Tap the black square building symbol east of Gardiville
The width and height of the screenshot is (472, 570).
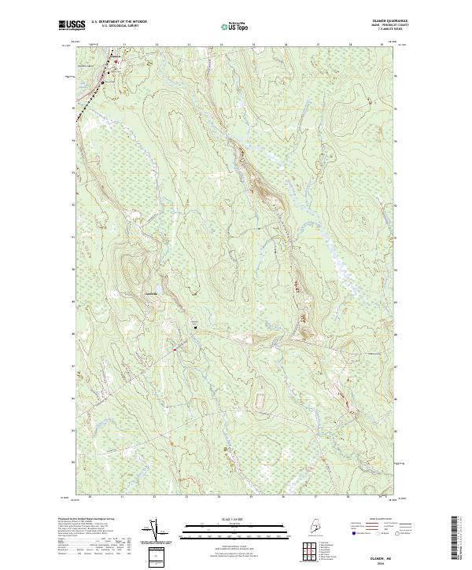pos(197,325)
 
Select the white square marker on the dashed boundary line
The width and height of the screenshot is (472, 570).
pos(102,82)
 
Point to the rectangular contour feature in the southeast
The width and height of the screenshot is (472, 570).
pos(259,402)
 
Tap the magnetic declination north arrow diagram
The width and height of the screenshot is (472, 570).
pos(154,531)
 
